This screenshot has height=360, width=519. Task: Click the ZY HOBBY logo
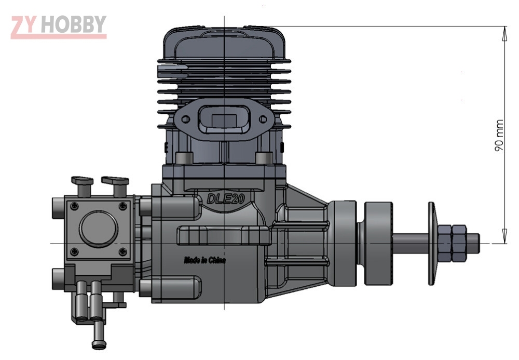tap(58, 26)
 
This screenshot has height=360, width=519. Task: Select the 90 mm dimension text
tap(499, 136)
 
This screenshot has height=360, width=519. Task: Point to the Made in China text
tap(204, 260)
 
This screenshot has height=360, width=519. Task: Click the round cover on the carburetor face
tap(98, 229)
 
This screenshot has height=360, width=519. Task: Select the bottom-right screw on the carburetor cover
tap(122, 251)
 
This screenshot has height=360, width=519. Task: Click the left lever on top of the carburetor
tap(82, 181)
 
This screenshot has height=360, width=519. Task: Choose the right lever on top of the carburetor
tap(115, 181)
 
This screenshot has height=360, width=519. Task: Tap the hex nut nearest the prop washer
tap(445, 243)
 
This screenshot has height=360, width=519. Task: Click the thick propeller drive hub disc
tap(377, 243)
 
